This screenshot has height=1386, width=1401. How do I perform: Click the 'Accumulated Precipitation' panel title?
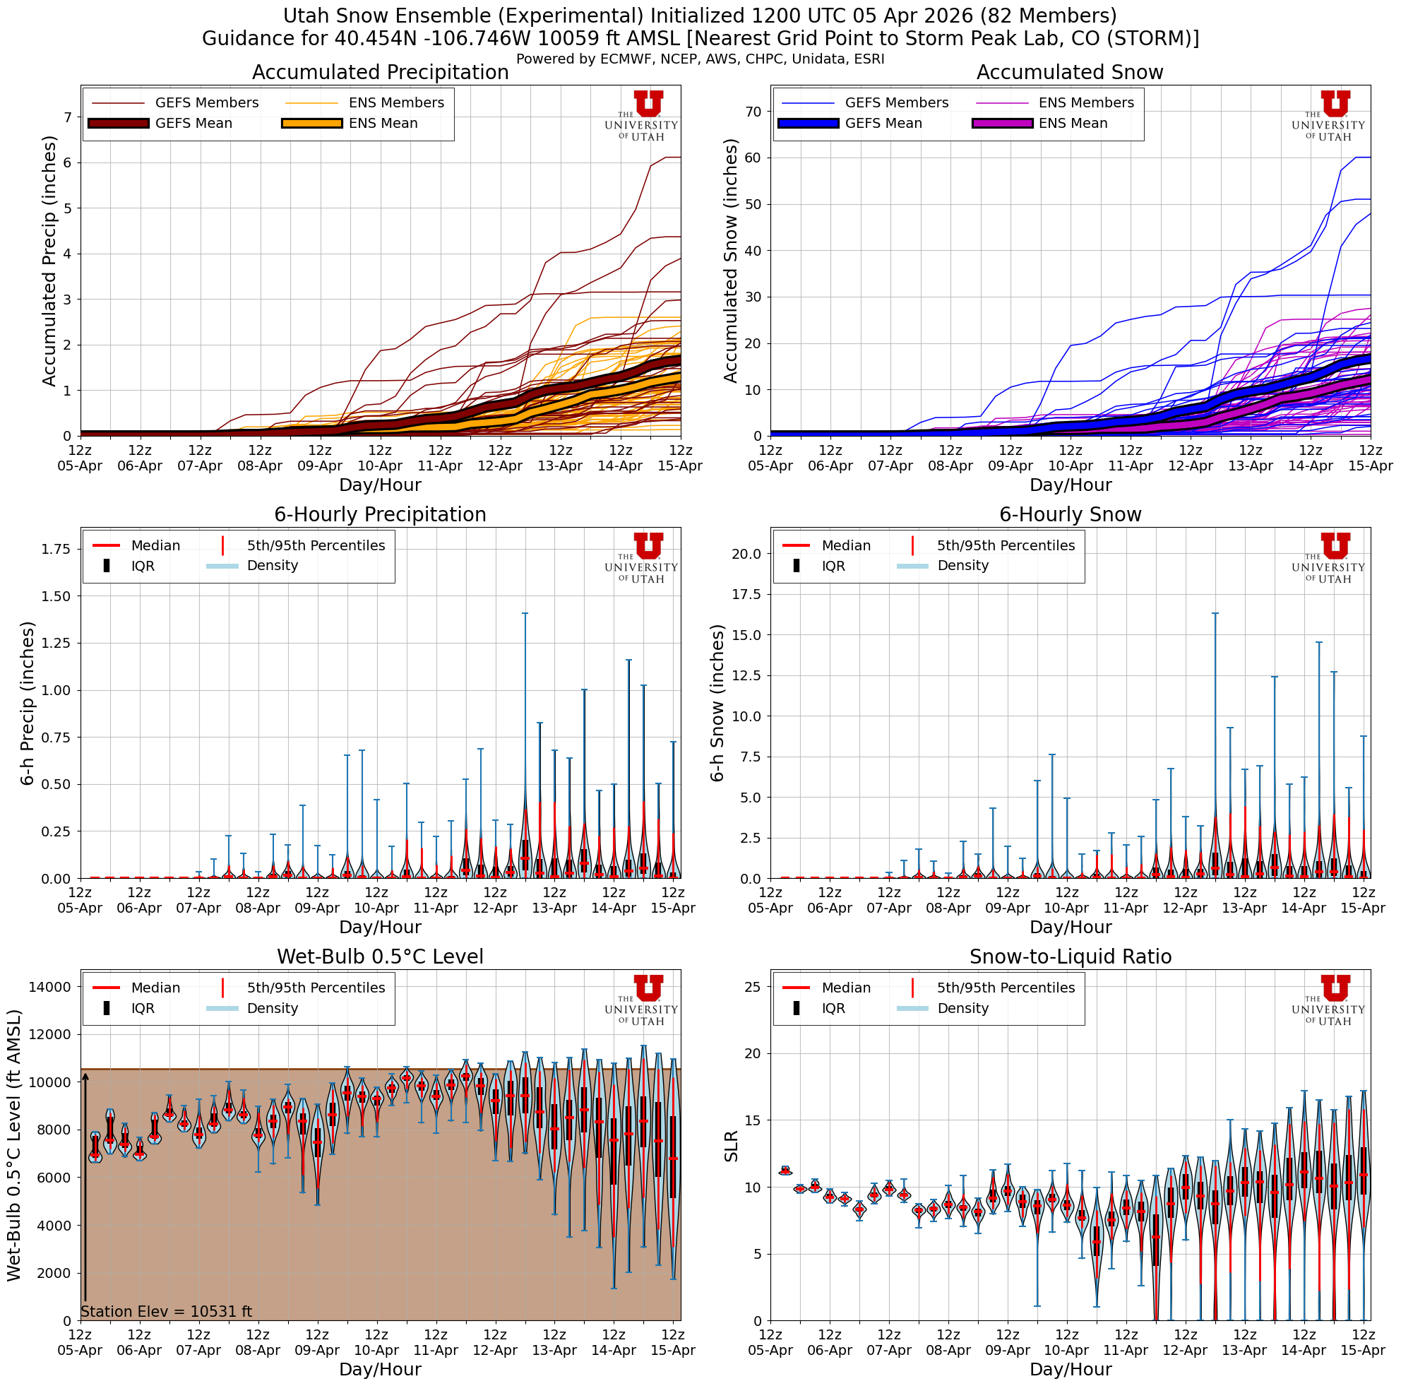[x=380, y=73]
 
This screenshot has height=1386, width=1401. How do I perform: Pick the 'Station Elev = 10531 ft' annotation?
[x=166, y=1311]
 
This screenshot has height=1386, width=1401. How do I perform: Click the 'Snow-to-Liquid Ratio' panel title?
[x=1070, y=956]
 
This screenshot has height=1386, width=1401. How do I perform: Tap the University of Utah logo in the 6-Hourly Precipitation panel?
[x=642, y=558]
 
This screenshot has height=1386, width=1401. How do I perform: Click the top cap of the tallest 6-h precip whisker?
[x=525, y=614]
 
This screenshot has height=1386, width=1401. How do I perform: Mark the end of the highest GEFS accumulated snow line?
[x=1369, y=158]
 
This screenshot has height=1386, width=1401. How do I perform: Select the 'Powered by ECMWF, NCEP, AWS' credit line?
[x=700, y=59]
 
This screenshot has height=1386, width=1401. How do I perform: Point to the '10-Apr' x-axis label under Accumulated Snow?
[x=1071, y=466]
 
